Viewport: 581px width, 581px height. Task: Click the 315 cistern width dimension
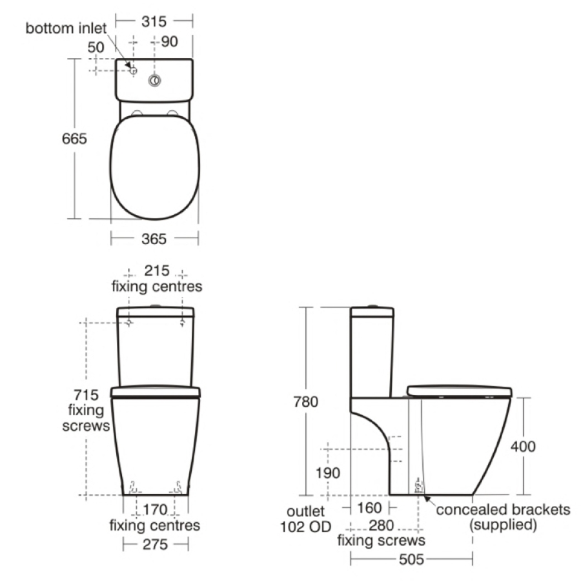(154, 21)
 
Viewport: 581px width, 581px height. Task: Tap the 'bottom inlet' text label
(66, 28)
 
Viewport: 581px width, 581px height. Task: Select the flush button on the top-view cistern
(154, 81)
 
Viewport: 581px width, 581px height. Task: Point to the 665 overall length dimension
(74, 139)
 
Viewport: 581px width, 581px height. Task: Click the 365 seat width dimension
(154, 239)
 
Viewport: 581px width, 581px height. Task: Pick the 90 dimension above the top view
(169, 41)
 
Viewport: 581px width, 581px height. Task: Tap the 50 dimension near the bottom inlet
(96, 47)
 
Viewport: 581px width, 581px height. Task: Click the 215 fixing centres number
(157, 270)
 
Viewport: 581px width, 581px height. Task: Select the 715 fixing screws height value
(86, 395)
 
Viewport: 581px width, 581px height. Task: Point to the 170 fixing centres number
(155, 510)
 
